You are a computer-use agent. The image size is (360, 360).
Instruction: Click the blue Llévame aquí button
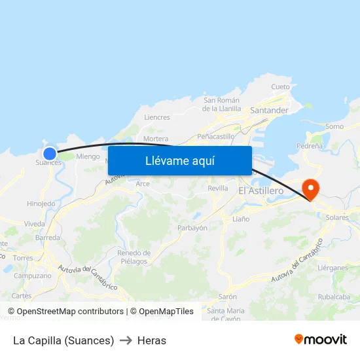tap(180, 160)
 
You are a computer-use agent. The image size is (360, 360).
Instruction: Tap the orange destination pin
tap(310, 189)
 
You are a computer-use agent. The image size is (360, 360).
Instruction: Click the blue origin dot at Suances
tap(50, 154)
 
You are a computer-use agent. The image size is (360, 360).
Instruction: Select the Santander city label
tap(269, 110)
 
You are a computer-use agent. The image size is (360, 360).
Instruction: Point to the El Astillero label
tap(261, 190)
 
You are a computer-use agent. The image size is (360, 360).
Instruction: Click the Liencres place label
tap(156, 118)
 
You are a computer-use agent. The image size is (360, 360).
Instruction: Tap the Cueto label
tap(280, 87)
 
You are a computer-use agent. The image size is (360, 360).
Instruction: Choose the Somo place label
tap(334, 126)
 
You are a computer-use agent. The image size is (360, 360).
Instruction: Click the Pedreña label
tap(310, 145)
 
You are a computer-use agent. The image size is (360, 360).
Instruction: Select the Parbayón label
tap(192, 228)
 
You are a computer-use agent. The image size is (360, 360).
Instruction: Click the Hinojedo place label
tap(41, 204)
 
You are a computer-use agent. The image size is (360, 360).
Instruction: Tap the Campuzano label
tap(33, 276)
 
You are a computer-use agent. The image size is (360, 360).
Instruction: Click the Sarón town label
tap(228, 297)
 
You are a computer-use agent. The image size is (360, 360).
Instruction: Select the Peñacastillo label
tap(216, 137)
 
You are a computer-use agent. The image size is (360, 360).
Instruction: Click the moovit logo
tap(321, 340)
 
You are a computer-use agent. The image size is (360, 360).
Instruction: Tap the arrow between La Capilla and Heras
tap(126, 340)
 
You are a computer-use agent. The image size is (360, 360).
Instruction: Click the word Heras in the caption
tap(152, 340)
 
